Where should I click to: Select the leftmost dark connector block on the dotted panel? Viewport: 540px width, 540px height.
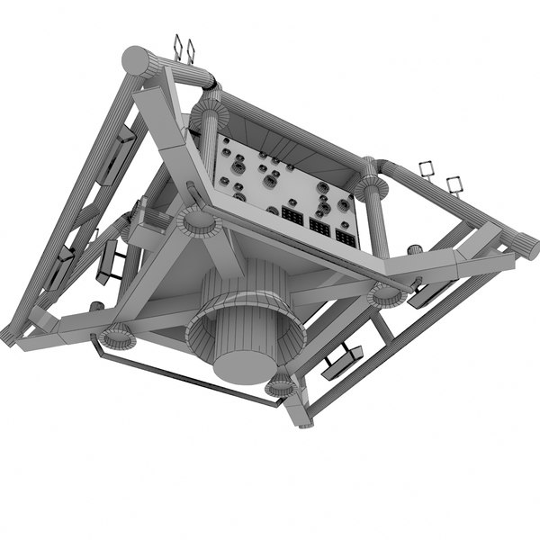[292, 218]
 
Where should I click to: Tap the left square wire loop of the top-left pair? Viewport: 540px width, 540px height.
[178, 47]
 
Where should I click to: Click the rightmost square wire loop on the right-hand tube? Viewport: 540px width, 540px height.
[456, 186]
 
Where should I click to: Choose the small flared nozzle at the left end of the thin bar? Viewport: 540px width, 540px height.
[116, 337]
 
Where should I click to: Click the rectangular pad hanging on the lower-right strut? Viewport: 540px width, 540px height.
[343, 361]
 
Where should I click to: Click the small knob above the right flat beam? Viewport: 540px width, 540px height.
[415, 249]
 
